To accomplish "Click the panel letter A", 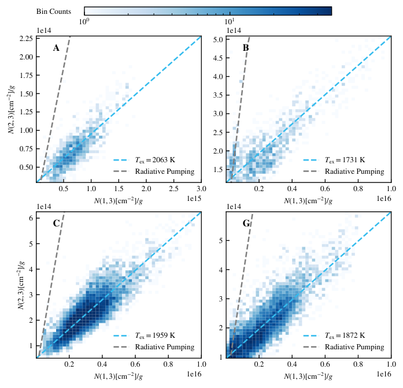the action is (56, 48).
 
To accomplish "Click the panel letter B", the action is (246, 48).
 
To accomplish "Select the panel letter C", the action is (56, 223).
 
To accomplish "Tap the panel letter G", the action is (246, 223).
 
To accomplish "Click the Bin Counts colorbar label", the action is (53, 12).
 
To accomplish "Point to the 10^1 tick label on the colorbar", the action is (230, 21).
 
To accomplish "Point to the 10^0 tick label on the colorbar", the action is (84, 21).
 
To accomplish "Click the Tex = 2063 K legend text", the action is (155, 160).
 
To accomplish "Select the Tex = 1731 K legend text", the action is (345, 160).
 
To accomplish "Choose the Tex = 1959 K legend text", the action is (155, 335).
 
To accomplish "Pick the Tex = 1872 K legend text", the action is (345, 335).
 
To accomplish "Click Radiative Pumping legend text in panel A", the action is (165, 171).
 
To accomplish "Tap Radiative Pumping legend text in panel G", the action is (354, 347).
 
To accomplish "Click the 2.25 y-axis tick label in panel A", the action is (26, 39).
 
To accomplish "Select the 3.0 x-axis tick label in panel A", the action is (201, 189).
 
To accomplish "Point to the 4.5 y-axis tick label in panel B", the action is (218, 58).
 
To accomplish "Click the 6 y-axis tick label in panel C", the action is (31, 218).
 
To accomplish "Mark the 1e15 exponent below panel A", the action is (194, 199).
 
